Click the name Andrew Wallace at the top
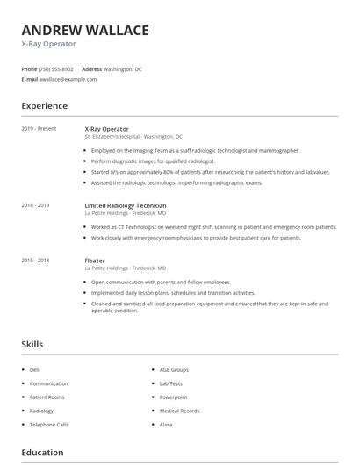84,30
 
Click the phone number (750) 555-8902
56,68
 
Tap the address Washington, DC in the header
122,68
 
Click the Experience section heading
44,106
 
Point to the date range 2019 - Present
39,129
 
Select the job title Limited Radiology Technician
126,205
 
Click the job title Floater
95,261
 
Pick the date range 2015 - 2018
35,261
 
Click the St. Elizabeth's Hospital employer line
133,137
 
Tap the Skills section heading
32,345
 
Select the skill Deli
34,370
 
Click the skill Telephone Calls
49,424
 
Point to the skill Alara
166,424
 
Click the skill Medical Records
179,411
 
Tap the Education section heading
42,453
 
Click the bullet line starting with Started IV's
211,172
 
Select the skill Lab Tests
171,383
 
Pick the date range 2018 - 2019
35,205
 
